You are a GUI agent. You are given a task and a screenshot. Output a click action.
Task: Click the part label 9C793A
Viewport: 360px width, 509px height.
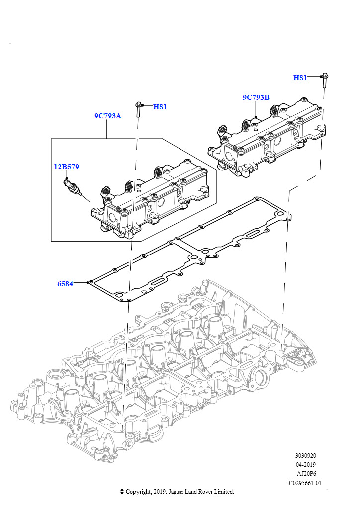(108, 116)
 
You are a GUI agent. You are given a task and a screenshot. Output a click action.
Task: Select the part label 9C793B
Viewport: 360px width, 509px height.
(256, 97)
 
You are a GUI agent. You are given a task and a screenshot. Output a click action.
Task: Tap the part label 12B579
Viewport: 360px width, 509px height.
(66, 167)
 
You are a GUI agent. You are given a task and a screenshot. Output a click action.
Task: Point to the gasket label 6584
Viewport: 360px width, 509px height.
(65, 284)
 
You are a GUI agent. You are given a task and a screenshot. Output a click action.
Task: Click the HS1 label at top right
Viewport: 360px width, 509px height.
(300, 78)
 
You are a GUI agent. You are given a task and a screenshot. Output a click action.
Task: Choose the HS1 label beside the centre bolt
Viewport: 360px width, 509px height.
(160, 107)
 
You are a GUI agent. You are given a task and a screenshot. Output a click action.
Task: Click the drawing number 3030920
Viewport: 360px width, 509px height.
(306, 455)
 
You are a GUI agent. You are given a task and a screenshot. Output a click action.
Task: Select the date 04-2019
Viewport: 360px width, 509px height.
(306, 464)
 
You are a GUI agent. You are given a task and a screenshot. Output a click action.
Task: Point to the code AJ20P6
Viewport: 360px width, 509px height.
(306, 473)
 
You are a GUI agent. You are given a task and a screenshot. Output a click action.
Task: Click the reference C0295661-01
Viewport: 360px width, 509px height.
(305, 483)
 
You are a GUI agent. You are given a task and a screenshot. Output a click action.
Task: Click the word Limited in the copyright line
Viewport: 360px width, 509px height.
(224, 492)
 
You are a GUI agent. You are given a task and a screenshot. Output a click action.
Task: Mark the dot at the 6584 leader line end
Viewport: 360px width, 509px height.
(88, 282)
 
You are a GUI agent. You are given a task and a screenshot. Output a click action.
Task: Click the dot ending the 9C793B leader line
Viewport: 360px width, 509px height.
(256, 117)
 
